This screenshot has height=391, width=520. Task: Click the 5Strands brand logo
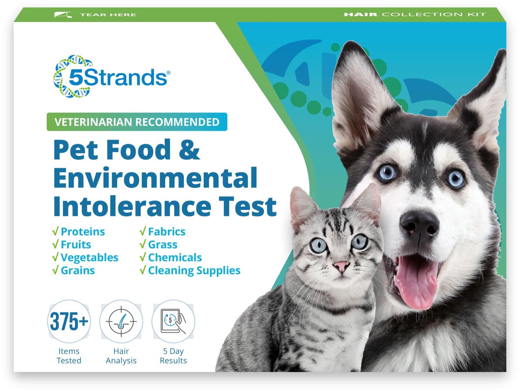coord(111,77)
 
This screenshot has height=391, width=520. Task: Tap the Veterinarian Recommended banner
coord(137,122)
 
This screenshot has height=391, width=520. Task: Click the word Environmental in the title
coord(155,178)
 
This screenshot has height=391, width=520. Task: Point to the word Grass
coord(163,245)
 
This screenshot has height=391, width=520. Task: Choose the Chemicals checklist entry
coord(175,258)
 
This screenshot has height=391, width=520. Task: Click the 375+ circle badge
coord(69,321)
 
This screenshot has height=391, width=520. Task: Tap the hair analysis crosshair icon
coord(121,321)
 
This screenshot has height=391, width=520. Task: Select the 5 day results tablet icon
coord(173,321)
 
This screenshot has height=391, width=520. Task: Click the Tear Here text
coord(108,15)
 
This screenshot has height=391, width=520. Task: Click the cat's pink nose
coord(341,266)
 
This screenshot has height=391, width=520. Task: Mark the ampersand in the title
coord(189,150)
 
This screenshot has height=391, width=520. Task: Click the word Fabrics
coord(166,232)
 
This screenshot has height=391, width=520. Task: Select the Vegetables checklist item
coord(89,258)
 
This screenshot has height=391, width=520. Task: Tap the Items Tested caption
coord(69,356)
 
